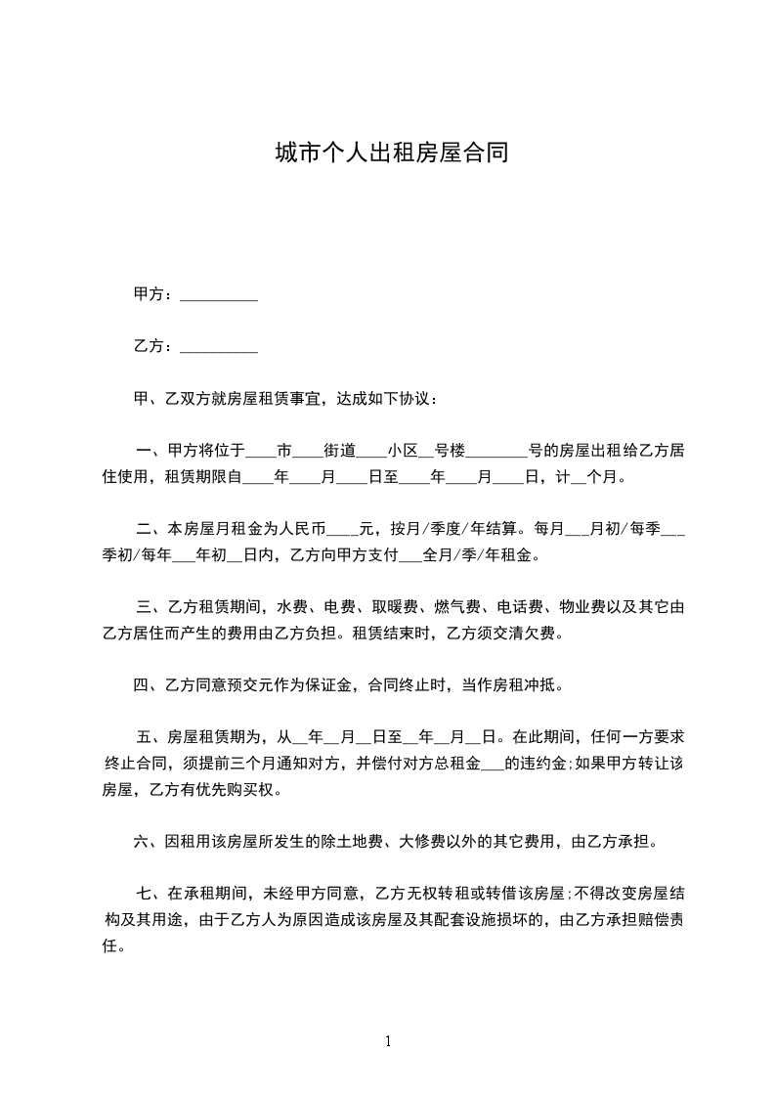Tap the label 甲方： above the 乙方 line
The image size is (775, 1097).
click(x=153, y=294)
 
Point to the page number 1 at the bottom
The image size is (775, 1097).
click(x=388, y=1041)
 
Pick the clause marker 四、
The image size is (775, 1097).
click(x=151, y=684)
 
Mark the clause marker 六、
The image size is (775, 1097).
click(x=151, y=840)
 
